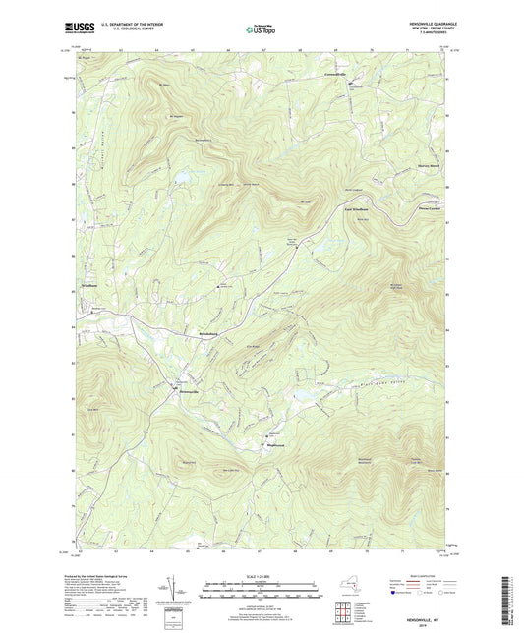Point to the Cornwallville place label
pos(337,74)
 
